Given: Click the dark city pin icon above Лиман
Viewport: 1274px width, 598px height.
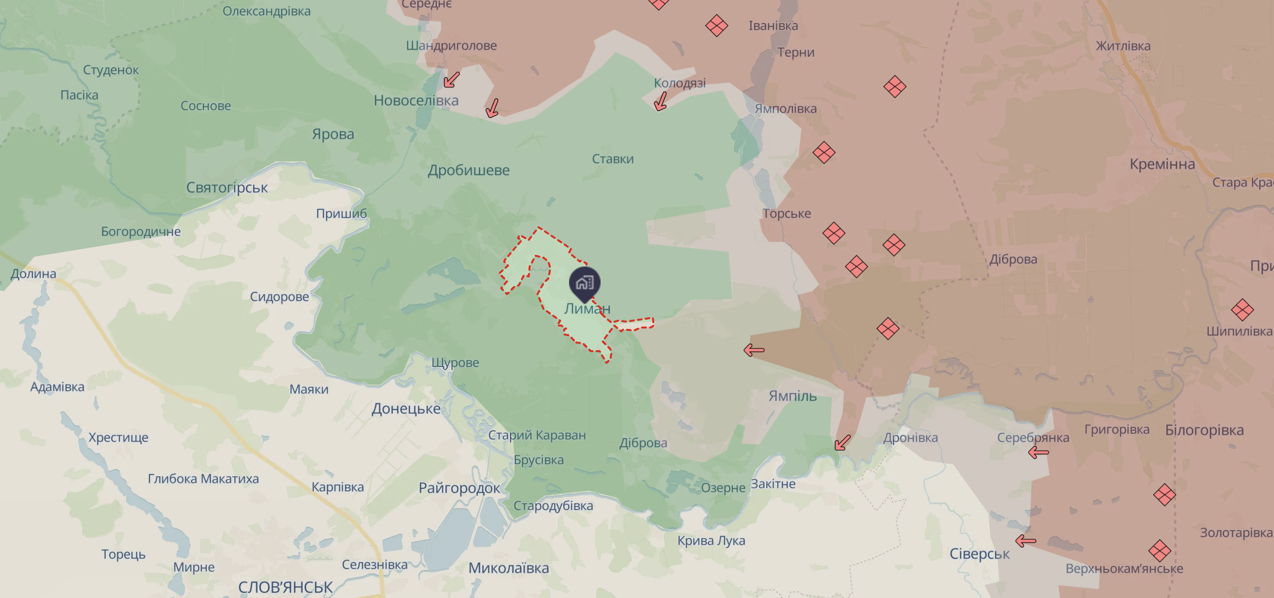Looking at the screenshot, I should point(585,283).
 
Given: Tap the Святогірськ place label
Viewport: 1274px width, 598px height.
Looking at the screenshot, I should point(227,188).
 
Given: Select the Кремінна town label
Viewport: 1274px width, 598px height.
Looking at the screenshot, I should point(1162,164).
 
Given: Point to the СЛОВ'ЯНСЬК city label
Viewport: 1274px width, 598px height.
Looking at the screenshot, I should point(286,587).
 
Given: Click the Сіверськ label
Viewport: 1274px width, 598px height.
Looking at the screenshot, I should point(979,554).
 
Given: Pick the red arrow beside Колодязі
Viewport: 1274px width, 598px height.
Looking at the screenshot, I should point(660,102).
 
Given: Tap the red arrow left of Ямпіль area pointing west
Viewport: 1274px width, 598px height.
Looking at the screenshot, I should point(754,351).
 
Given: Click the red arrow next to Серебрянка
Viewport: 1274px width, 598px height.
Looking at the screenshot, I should point(1038,452).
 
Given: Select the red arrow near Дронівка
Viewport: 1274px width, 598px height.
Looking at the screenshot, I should point(843,442).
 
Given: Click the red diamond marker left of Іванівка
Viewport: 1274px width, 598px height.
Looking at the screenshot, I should point(716,26).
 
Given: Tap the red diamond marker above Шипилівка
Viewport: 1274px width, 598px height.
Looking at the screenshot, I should point(1242,310).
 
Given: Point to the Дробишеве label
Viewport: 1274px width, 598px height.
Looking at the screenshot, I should point(468,171).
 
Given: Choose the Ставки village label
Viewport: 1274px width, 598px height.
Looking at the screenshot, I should point(613,159).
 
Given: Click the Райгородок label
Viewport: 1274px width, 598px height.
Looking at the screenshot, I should point(459,488).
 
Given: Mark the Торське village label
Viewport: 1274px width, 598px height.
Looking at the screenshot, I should point(786,213).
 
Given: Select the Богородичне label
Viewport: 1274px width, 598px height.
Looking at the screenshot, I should point(141,232).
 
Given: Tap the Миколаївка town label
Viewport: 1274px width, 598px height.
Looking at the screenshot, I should point(509,568).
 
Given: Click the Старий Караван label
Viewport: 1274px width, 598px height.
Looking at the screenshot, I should point(537,435).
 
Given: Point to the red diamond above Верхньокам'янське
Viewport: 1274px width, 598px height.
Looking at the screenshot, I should point(1159,551).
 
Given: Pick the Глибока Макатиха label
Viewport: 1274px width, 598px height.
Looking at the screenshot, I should point(203,479).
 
